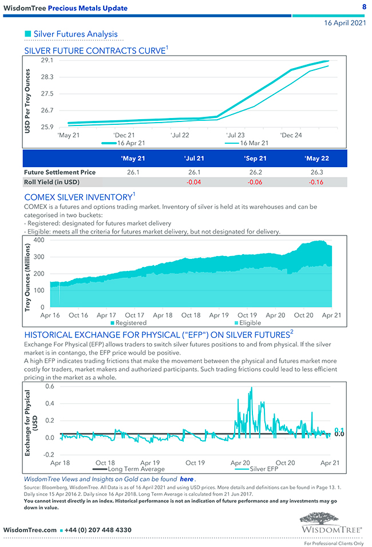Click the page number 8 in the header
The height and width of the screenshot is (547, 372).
click(364, 7)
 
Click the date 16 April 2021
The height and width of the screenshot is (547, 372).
click(345, 23)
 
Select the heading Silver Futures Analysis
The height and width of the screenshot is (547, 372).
click(75, 34)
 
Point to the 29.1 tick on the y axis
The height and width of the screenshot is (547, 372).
click(48, 60)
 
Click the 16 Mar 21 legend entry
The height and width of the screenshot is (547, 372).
click(254, 143)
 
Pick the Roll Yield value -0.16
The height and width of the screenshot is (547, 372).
click(316, 182)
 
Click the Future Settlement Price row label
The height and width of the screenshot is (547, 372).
click(60, 172)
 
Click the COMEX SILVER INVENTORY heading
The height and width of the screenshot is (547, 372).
click(77, 197)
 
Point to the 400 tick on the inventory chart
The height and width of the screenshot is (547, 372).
click(39, 239)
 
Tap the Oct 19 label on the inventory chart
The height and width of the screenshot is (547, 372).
click(247, 315)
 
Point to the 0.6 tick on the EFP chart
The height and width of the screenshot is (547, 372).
click(49, 386)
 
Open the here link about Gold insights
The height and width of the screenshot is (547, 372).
click(187, 479)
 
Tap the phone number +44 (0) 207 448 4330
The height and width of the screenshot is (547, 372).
click(98, 530)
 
